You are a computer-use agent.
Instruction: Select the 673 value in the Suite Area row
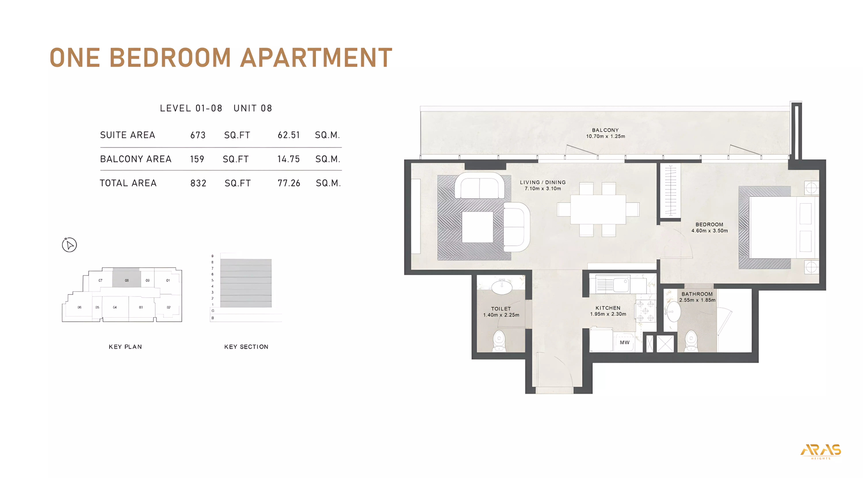[198, 135]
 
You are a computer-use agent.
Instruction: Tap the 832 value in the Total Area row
[198, 183]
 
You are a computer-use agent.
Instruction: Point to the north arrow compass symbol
[69, 245]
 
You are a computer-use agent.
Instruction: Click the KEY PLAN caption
[125, 347]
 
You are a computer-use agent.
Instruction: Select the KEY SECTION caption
[246, 347]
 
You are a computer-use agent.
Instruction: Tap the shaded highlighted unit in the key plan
[126, 278]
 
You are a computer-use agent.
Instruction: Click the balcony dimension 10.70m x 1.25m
[605, 136]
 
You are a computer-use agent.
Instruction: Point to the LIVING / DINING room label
[543, 182]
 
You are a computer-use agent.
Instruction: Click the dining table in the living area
[598, 210]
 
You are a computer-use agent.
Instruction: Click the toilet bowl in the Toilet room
[499, 341]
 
